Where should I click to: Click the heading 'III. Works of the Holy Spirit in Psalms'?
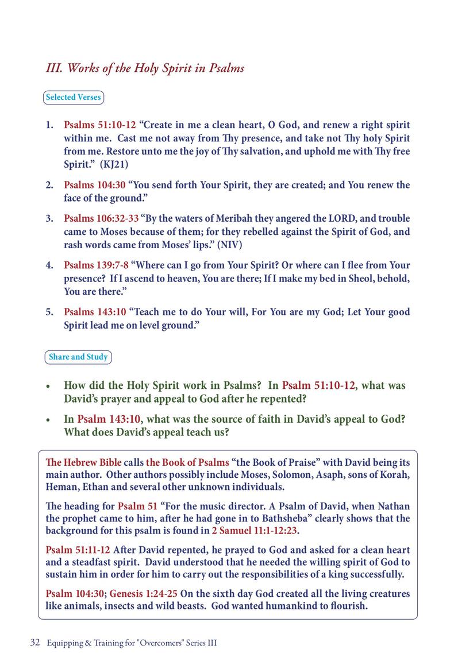coord(145,68)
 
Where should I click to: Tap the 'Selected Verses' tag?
coord(73,97)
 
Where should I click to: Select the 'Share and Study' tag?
coord(78,357)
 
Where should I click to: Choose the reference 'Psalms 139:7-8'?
coord(96,265)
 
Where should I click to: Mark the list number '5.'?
coord(50,312)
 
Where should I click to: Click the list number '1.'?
coord(50,125)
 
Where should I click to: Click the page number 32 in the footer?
coord(34,643)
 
